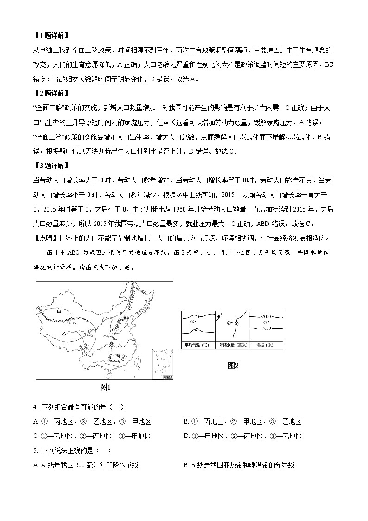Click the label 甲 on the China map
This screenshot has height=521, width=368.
click(x=59, y=312)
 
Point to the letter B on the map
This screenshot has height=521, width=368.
click(x=121, y=314)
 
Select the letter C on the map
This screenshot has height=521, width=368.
click(x=113, y=329)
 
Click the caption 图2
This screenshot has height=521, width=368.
click(x=233, y=366)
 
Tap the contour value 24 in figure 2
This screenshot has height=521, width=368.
click(x=197, y=329)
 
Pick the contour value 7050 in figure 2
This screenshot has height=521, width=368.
click(x=266, y=328)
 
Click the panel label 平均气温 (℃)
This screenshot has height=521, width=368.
click(x=197, y=345)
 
